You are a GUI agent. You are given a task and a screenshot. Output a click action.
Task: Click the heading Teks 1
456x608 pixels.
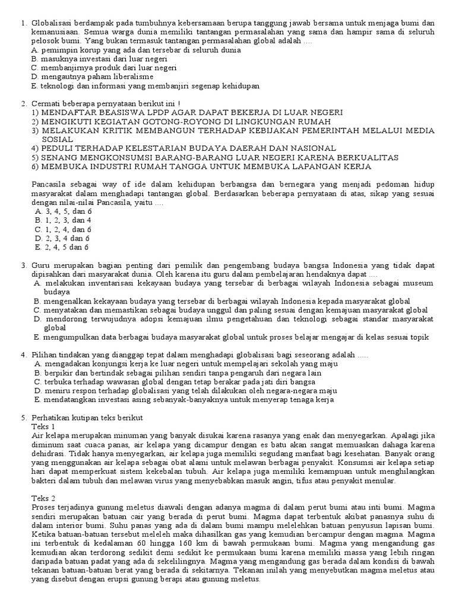[43, 426]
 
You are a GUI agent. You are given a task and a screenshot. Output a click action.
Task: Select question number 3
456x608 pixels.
[23, 265]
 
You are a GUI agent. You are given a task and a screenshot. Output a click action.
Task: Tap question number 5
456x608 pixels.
[23, 417]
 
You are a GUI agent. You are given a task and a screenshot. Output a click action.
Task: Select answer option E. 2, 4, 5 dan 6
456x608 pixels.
[62, 247]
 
